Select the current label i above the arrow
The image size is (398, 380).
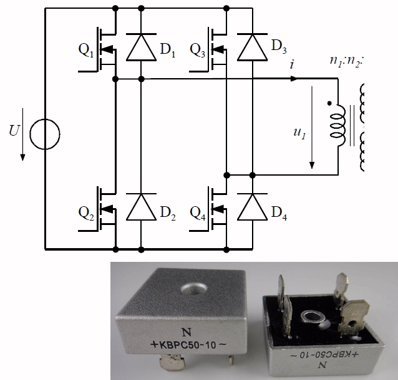click(x=293, y=64)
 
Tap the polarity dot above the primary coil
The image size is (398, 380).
click(x=329, y=102)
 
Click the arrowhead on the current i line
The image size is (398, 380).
click(x=294, y=79)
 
